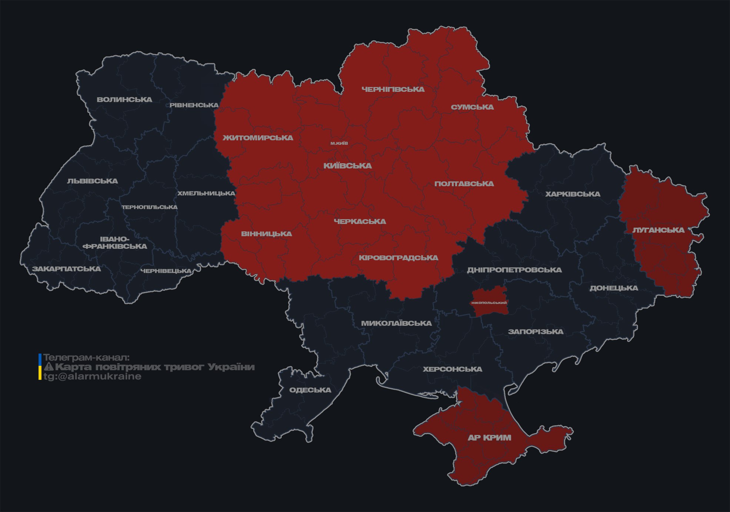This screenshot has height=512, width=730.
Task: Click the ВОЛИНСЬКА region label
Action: [x=124, y=100]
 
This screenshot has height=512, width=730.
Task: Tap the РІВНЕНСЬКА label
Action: [x=194, y=105]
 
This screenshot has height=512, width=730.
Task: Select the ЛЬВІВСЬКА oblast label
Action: [x=93, y=181]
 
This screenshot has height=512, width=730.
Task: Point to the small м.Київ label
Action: [x=339, y=143]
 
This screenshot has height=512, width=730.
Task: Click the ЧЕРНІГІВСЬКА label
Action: [x=393, y=89]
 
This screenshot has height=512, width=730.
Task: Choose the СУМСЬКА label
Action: [x=472, y=107]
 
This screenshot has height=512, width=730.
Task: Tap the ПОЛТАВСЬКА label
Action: [x=464, y=184]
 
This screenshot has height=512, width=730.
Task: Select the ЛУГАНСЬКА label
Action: [x=658, y=230]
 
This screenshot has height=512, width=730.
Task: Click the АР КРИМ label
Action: [x=489, y=438]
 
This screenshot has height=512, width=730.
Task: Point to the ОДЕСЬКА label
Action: [x=310, y=390]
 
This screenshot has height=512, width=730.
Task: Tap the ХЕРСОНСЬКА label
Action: [x=452, y=369]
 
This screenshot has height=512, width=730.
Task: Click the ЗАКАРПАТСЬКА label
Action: [x=66, y=269]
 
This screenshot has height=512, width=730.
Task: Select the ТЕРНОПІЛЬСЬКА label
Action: [x=150, y=207]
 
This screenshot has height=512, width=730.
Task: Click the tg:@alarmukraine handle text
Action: [x=92, y=377]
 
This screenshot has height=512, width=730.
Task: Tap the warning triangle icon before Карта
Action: [x=49, y=367]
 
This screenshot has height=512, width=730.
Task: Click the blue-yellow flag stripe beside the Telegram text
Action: [x=40, y=367]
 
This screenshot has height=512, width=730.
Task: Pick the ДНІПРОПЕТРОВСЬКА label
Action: [x=514, y=270]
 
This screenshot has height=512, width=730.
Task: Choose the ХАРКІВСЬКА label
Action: [x=573, y=194]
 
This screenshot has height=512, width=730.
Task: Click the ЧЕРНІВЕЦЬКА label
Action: [x=166, y=271]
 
